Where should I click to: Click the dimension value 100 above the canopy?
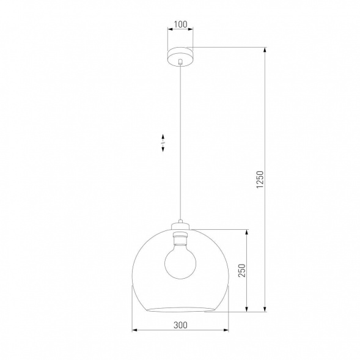click(180, 25)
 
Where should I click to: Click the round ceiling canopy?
click(180, 54)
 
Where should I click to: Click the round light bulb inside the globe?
click(180, 262)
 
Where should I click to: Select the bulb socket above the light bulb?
click(180, 236)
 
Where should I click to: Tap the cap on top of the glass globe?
click(180, 224)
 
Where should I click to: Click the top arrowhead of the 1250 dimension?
click(266, 50)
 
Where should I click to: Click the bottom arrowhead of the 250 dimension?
click(248, 309)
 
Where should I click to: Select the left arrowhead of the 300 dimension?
click(135, 331)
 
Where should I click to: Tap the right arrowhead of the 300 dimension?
click(225, 331)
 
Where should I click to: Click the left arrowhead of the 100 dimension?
click(169, 32)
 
